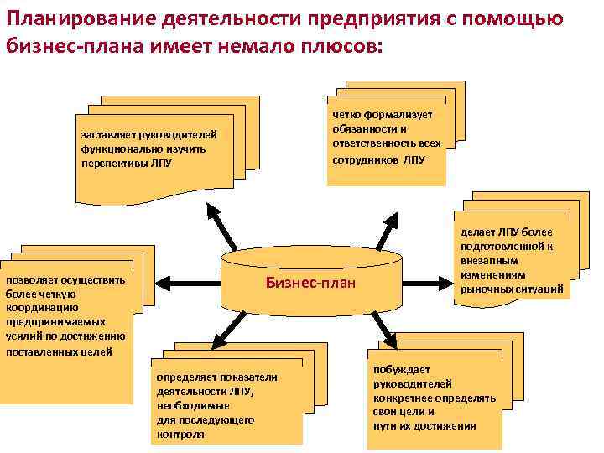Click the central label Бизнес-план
coord(310,283)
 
